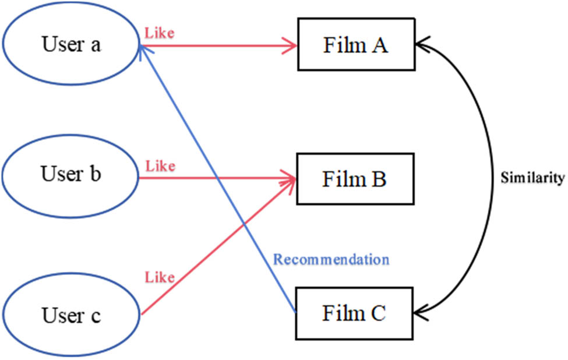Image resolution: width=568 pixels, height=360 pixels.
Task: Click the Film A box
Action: coord(355,45)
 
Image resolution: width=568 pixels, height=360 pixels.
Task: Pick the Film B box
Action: coord(355,179)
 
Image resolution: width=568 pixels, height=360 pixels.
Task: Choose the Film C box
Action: coord(355,313)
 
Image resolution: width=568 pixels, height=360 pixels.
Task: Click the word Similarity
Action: coord(532,178)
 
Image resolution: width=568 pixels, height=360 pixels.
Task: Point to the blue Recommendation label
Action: coord(331,259)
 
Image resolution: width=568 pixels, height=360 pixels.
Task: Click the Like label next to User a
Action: coord(159,33)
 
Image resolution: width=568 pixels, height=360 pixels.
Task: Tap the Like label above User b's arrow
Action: coord(160,167)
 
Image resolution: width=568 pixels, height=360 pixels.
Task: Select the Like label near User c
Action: coord(160,278)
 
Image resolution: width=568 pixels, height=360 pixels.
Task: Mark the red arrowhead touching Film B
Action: coord(290,178)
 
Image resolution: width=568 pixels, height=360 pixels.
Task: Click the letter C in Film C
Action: coord(378,313)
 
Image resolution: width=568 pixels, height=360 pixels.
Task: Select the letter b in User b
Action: coord(95,174)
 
